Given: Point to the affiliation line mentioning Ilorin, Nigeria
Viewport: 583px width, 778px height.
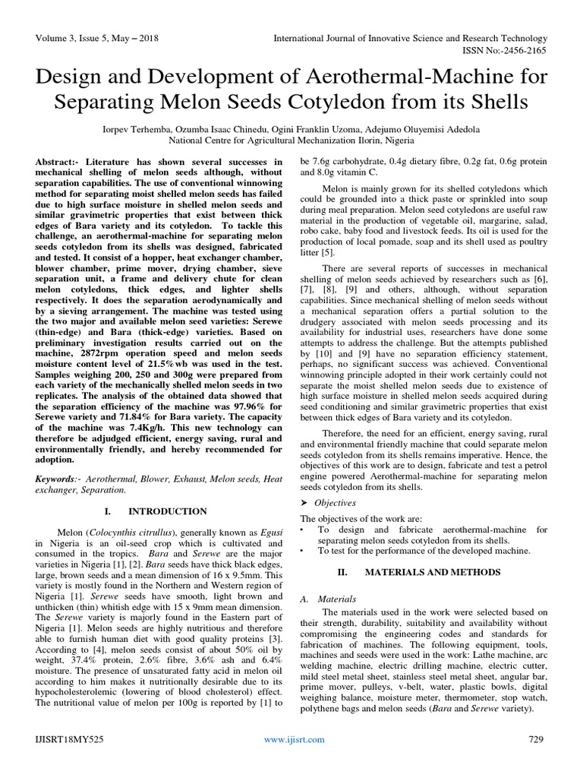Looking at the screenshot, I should pyautogui.click(x=291, y=141).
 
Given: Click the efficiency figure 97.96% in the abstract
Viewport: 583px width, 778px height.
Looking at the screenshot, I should pyautogui.click(x=240, y=406).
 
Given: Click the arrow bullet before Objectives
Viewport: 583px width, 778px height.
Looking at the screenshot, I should pyautogui.click(x=305, y=502).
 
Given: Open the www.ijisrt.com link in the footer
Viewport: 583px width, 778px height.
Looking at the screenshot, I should pyautogui.click(x=294, y=739).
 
